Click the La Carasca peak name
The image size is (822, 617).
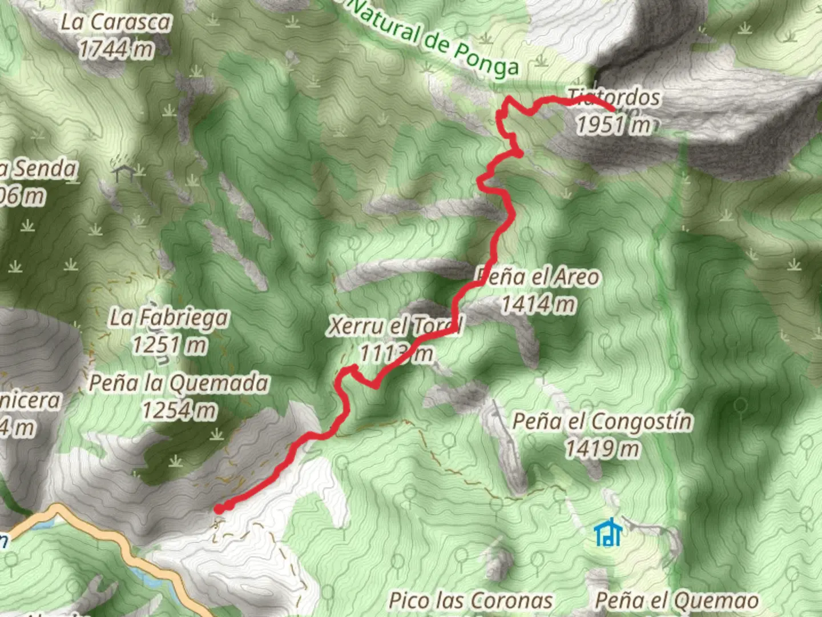tap(116, 22)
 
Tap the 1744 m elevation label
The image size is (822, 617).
tap(116, 50)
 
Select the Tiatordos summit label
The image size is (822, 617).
tap(614, 97)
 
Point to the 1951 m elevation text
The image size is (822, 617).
tap(614, 125)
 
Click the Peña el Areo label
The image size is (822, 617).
tap(538, 277)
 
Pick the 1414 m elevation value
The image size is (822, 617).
tap(538, 304)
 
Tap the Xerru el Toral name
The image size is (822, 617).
tap(396, 326)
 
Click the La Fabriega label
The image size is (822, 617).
tap(169, 318)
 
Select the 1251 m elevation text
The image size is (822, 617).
tap(169, 345)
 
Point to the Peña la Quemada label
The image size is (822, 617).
tap(179, 383)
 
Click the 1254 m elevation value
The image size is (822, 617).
tap(179, 410)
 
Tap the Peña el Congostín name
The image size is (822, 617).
tap(602, 422)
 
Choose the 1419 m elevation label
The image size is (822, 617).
tap(602, 449)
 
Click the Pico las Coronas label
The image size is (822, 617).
tap(471, 601)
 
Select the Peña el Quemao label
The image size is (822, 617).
tap(677, 601)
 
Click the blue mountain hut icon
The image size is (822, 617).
tap(608, 532)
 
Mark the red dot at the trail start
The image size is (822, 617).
tap(219, 509)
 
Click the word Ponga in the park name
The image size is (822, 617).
tap(486, 60)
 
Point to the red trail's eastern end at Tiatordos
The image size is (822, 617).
tap(613, 109)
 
